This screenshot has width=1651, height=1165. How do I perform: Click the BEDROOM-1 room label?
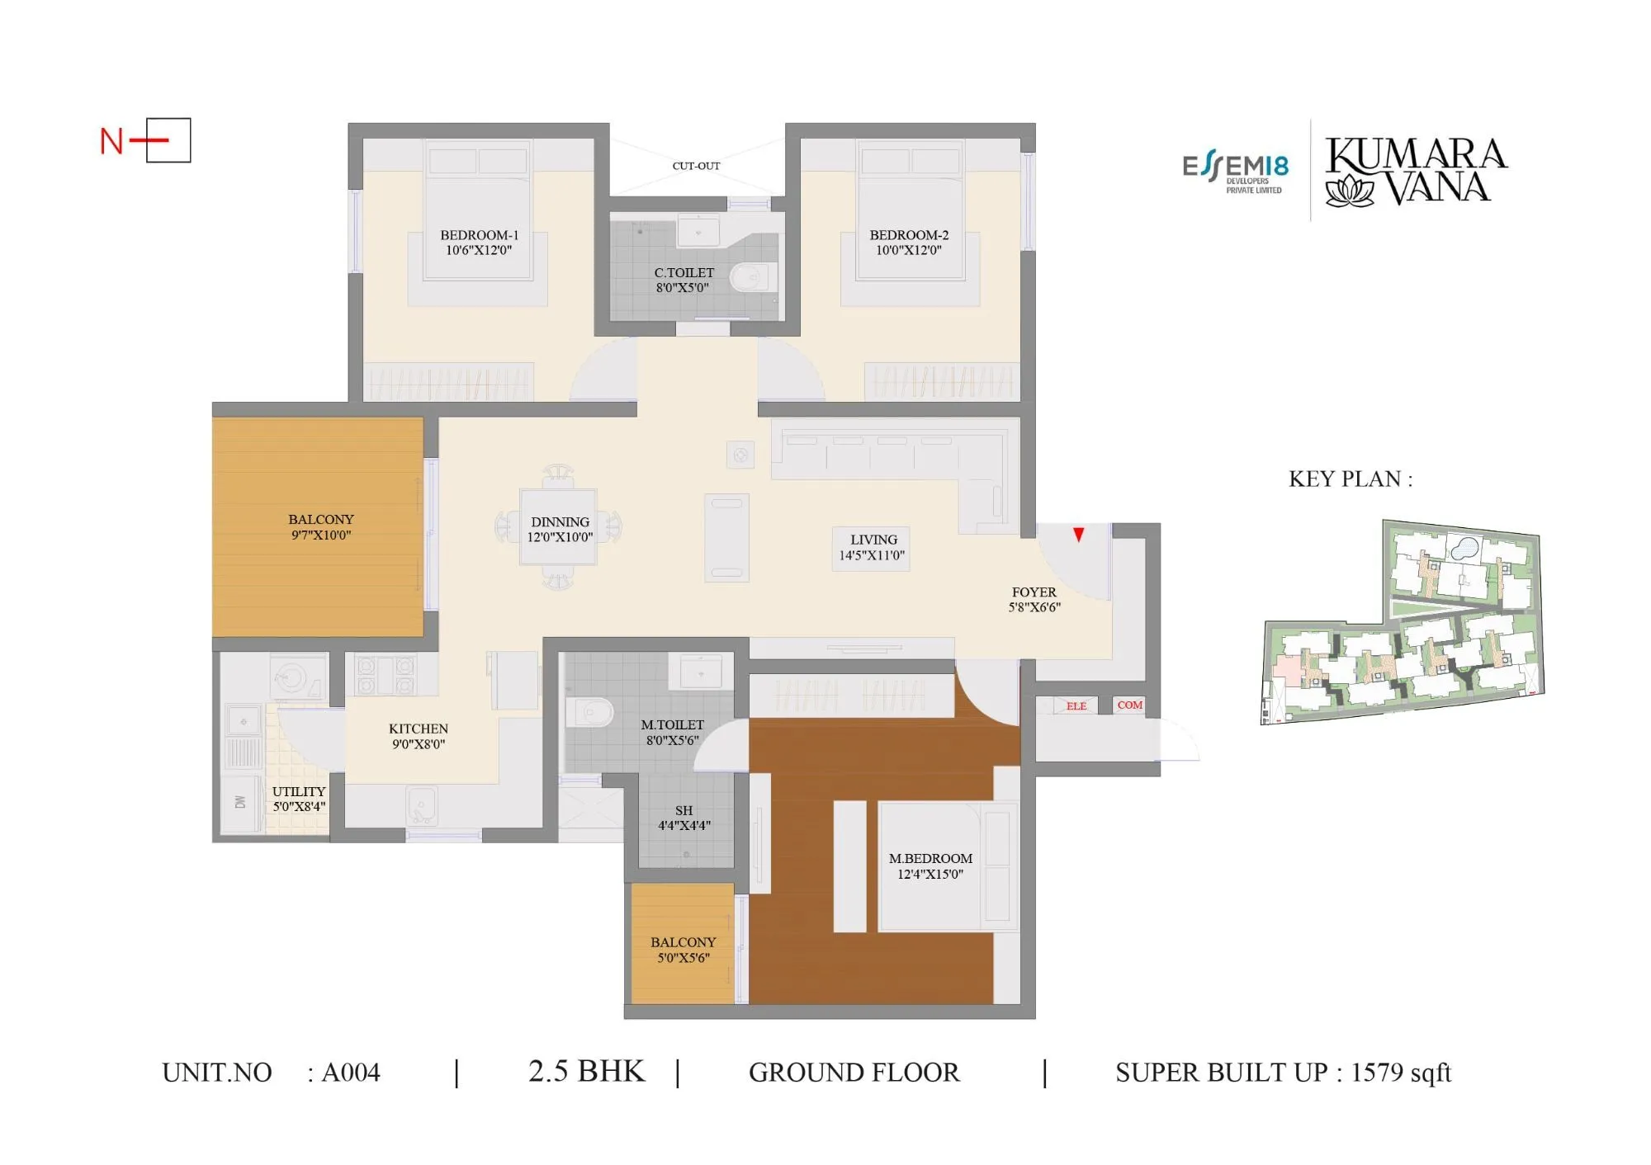(x=479, y=235)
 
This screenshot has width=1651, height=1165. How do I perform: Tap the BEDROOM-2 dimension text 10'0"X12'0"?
(x=908, y=250)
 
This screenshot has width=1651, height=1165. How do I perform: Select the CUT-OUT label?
(x=696, y=166)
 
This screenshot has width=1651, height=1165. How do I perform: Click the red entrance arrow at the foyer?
(x=1078, y=535)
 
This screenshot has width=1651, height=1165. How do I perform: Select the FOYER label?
(x=1034, y=592)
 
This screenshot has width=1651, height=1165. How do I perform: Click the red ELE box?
(x=1076, y=705)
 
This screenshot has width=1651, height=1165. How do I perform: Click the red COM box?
(x=1129, y=705)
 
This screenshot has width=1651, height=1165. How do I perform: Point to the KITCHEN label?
(x=419, y=729)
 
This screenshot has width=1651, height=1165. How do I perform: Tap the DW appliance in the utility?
(x=240, y=802)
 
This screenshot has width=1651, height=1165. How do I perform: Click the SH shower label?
(x=684, y=810)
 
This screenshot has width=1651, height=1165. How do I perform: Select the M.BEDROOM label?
(x=930, y=859)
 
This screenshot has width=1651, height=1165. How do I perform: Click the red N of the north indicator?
(x=111, y=141)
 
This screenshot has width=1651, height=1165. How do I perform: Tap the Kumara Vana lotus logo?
(x=1349, y=191)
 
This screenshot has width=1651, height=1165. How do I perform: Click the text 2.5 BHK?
(x=586, y=1071)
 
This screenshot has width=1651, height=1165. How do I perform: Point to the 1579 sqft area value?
(x=1400, y=1072)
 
